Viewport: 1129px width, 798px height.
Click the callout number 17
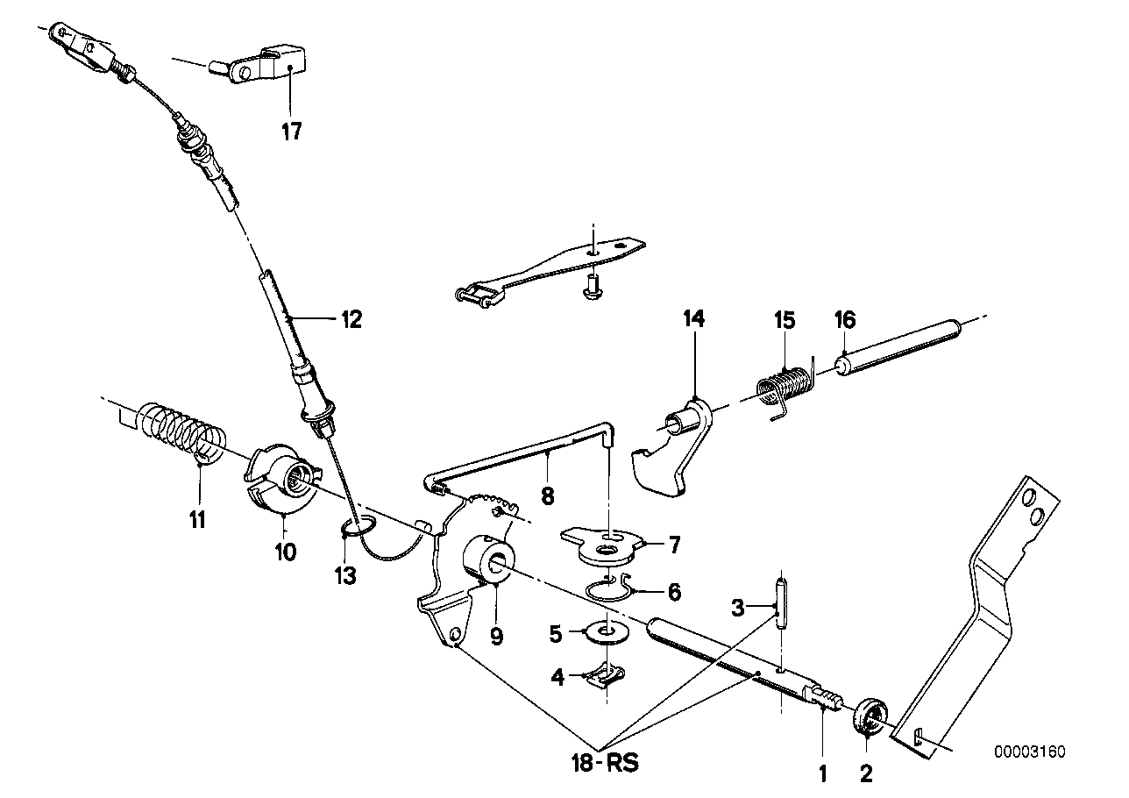pyautogui.click(x=292, y=132)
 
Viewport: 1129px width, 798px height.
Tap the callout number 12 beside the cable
pyautogui.click(x=351, y=319)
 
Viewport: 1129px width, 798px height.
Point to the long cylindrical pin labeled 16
pyautogui.click(x=898, y=349)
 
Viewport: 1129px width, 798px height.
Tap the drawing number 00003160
pyautogui.click(x=1030, y=752)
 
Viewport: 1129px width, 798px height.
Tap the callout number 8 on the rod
pyautogui.click(x=548, y=496)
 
